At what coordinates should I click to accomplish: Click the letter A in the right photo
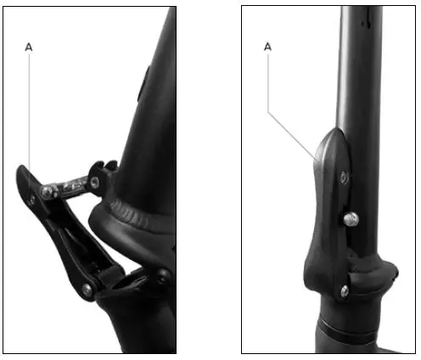(268, 48)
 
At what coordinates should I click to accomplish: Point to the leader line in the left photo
(31, 110)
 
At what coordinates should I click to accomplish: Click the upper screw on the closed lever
(343, 176)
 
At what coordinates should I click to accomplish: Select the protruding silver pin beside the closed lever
(351, 219)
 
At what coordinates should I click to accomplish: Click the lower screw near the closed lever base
(343, 291)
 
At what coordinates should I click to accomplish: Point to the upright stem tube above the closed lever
(356, 68)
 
